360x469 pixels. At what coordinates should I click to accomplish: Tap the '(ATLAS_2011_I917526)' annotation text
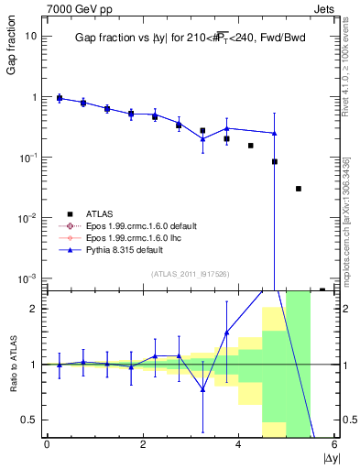191,273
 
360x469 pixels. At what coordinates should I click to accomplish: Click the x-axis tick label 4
239,445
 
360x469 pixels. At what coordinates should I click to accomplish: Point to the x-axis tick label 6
334,445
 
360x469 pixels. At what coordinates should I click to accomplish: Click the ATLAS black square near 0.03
298,189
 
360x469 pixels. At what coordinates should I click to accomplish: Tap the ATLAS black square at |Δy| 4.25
250,146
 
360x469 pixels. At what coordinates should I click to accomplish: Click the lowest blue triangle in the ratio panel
202,389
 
